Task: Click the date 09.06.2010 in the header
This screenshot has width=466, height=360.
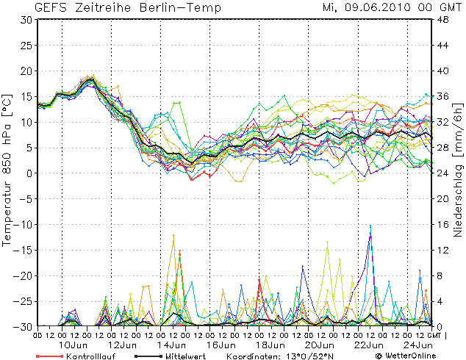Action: coord(376,8)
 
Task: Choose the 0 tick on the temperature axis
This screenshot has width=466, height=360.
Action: coord(28,173)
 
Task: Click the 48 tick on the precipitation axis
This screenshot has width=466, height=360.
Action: coord(443,20)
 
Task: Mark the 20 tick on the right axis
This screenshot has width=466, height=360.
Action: coord(443,198)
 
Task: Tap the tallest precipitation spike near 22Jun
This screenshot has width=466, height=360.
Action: coord(370,226)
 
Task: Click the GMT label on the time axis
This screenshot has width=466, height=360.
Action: coord(436,335)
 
